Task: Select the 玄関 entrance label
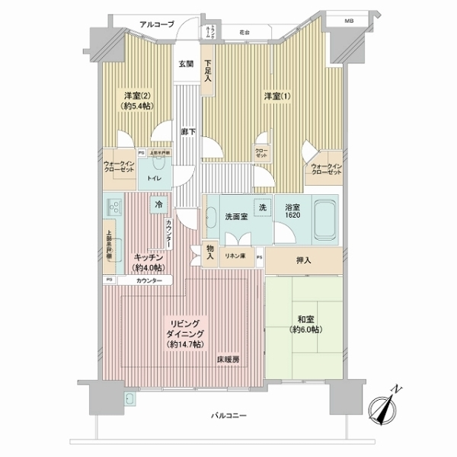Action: [186, 64]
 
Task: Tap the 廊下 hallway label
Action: [186, 132]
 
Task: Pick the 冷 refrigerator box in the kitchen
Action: [158, 205]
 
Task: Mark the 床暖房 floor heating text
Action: [227, 358]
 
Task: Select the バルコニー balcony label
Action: [228, 415]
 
